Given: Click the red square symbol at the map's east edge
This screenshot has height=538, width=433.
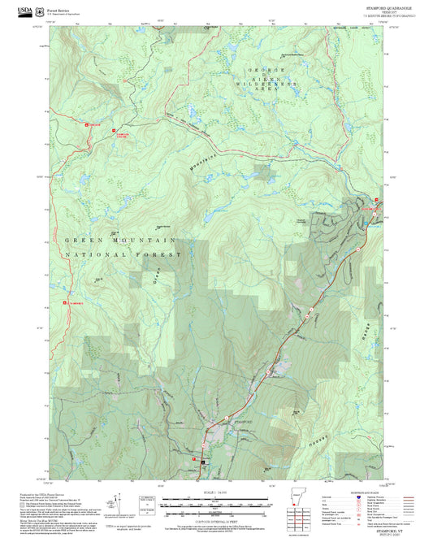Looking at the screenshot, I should pyautogui.click(x=376, y=201).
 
